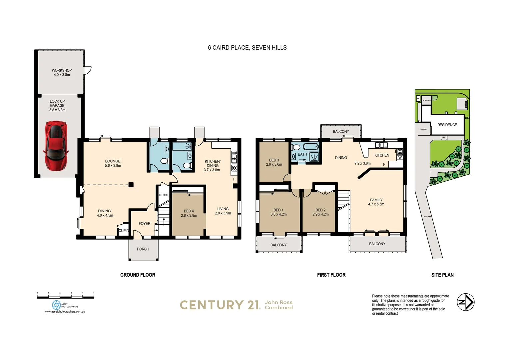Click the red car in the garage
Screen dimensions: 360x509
56,145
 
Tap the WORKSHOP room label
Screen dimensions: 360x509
62,70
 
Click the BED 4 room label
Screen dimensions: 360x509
189,211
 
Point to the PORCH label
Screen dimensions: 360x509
143,249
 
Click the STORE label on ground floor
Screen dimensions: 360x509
164,195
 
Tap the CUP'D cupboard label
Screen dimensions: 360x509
124,230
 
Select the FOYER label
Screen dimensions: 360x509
145,224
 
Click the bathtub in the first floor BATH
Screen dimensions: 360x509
310,147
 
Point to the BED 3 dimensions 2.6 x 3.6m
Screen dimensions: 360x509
274,164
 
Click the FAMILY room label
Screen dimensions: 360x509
376,200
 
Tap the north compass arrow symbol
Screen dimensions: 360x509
465,302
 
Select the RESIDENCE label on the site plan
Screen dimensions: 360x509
447,125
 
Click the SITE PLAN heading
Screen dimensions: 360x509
442,275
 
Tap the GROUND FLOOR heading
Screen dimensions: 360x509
138,275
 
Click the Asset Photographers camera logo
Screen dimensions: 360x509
56,305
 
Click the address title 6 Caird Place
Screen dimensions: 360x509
247,48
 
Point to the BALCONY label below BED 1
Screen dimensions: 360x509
278,245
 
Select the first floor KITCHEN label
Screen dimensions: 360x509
382,155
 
